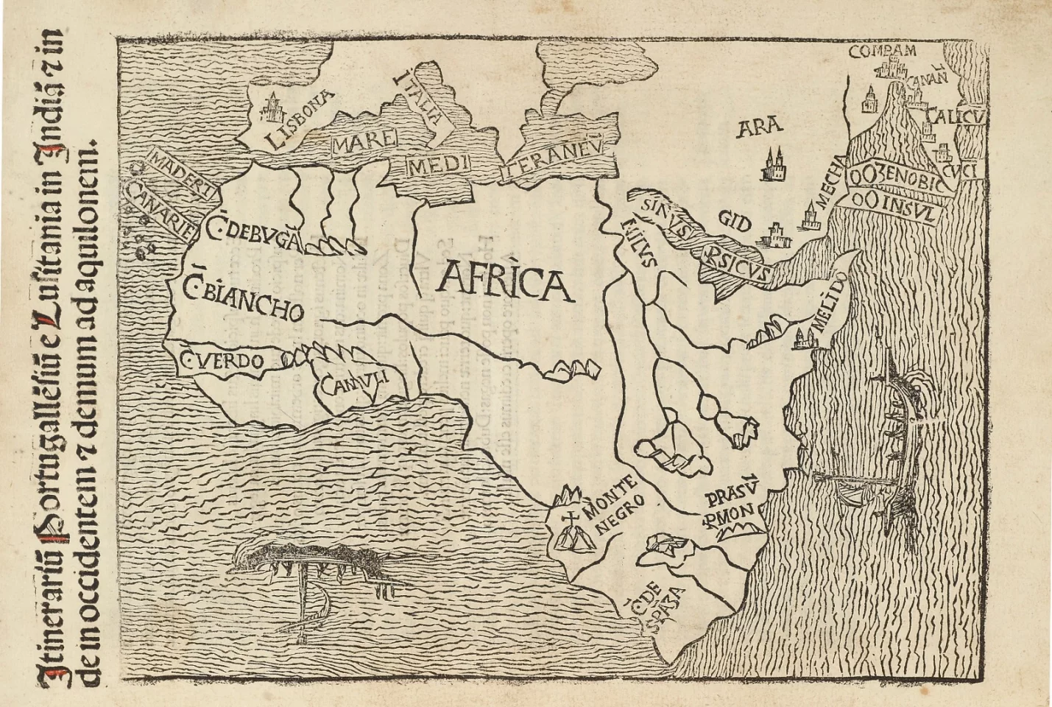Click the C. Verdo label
[221, 361]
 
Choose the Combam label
[882, 51]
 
